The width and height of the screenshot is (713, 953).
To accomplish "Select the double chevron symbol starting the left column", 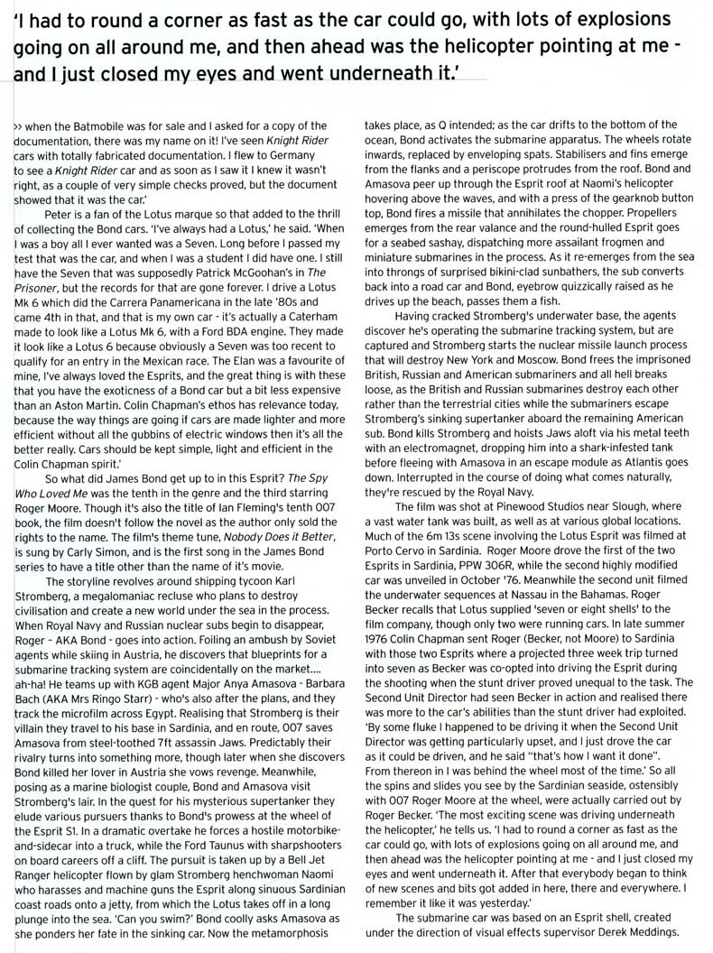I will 18,125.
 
